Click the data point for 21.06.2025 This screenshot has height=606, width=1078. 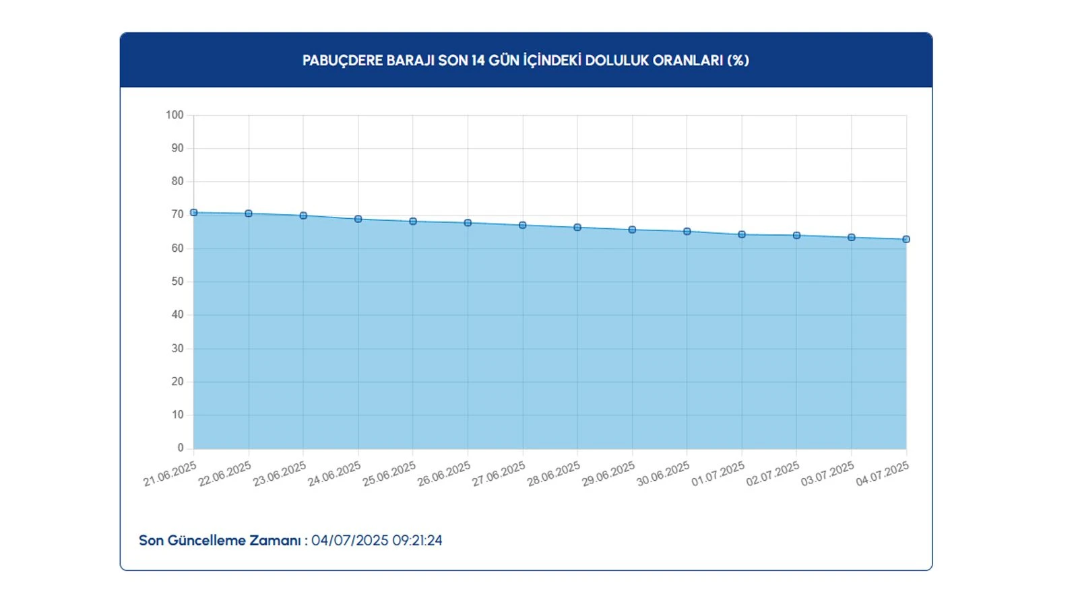(x=194, y=213)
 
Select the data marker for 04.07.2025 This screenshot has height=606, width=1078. (x=906, y=240)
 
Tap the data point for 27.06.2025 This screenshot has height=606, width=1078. (x=523, y=226)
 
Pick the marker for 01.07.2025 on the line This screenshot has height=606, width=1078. (x=742, y=235)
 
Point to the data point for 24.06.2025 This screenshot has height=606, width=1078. (x=358, y=220)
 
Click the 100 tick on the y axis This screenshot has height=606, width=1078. (x=175, y=115)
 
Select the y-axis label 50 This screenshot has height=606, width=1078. (x=177, y=281)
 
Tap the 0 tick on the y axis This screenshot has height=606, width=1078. (x=180, y=448)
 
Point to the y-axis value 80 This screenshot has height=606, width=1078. (x=177, y=181)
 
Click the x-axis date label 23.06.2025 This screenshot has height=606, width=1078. (x=280, y=474)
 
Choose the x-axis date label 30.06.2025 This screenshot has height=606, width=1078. (x=663, y=474)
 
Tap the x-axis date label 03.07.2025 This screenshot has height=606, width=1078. (x=827, y=474)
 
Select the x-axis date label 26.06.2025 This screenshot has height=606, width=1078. (x=444, y=474)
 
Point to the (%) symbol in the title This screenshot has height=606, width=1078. (x=738, y=61)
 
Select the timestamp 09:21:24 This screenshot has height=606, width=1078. (x=417, y=541)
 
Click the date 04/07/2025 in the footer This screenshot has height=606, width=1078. (x=350, y=541)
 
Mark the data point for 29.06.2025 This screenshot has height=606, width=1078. (x=632, y=230)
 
